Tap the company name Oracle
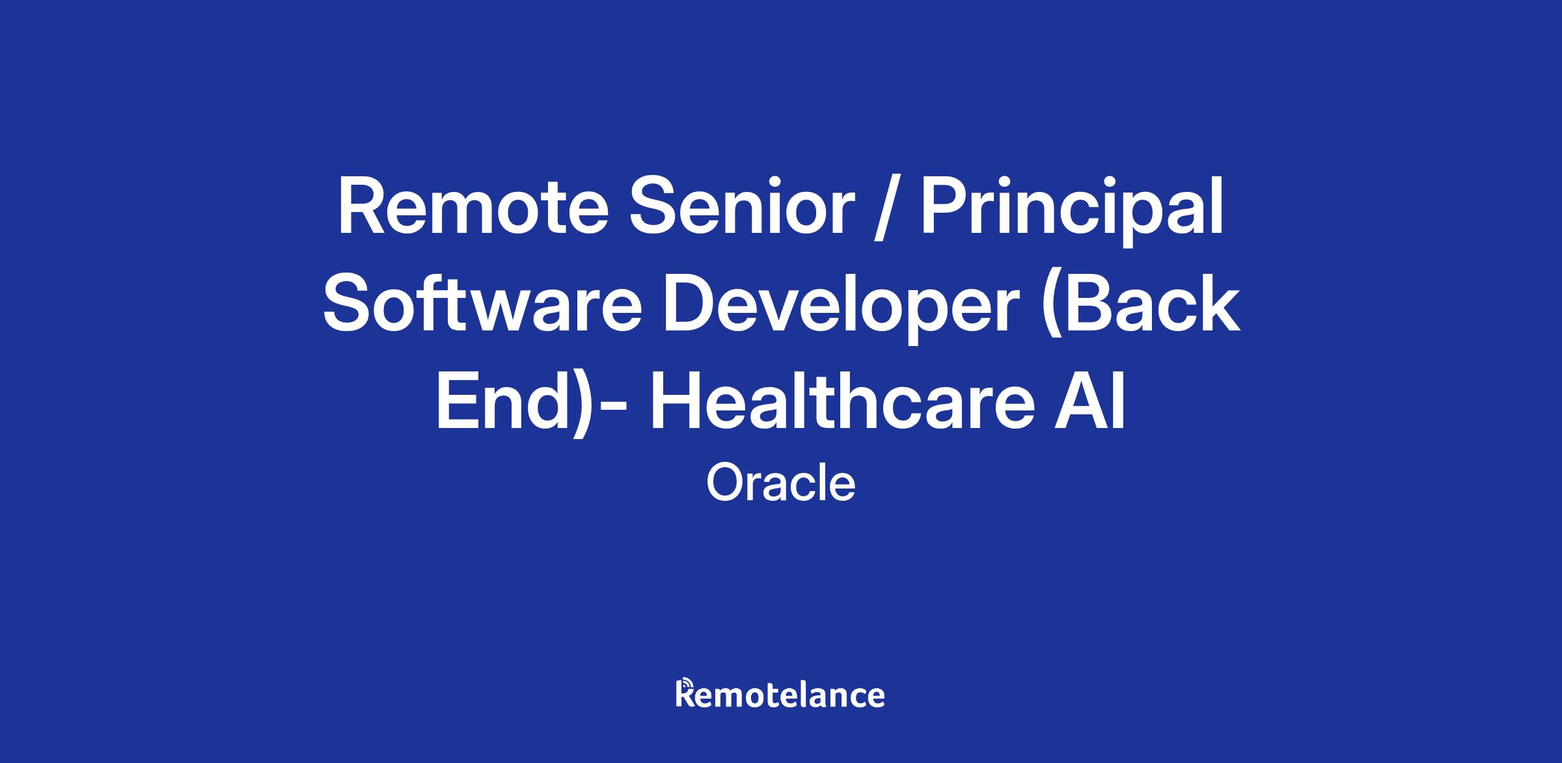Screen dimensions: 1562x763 click(x=780, y=483)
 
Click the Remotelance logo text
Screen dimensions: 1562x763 click(x=780, y=694)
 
